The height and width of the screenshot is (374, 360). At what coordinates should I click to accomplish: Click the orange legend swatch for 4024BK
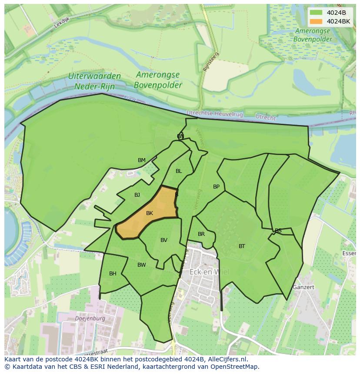(x=316, y=21)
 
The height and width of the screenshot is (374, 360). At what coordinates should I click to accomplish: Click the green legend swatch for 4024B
(x=316, y=13)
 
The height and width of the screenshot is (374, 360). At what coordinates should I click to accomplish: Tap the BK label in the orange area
(x=150, y=213)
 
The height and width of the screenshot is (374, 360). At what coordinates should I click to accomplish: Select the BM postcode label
(x=142, y=160)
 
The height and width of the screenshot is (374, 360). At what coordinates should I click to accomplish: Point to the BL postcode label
(x=179, y=171)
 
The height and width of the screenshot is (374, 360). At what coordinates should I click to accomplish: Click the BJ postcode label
(x=137, y=195)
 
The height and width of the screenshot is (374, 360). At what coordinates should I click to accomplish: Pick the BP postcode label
(x=216, y=187)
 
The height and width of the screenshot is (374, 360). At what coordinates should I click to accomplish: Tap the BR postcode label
(x=201, y=234)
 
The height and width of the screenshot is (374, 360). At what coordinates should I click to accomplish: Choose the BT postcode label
(x=242, y=246)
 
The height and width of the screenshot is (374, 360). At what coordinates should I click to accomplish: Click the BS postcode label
(x=278, y=231)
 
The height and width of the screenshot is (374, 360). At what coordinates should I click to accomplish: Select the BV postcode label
(x=164, y=240)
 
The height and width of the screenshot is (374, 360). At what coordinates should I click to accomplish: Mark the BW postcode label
(x=142, y=265)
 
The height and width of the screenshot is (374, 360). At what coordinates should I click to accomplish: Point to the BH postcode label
(x=113, y=274)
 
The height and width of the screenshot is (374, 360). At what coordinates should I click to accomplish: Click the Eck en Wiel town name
(x=209, y=272)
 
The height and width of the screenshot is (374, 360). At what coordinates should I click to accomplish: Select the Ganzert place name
(x=303, y=287)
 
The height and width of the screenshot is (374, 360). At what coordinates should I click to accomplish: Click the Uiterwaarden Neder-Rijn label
(x=94, y=81)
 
